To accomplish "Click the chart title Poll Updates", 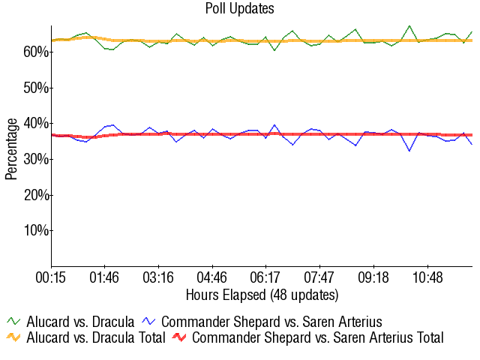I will coord(239,9).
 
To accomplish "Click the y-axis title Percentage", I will coord(11,148).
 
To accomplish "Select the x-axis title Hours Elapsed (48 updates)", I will coord(262,294).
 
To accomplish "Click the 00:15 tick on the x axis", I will coord(51,277).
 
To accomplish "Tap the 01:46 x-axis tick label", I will coord(104,277).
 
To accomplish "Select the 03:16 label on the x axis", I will coord(158,277).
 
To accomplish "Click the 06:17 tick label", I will coord(265,277).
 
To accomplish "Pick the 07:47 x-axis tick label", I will coord(319,277).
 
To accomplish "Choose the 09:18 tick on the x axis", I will coord(373,277).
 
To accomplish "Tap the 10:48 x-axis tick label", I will coord(427,277).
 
